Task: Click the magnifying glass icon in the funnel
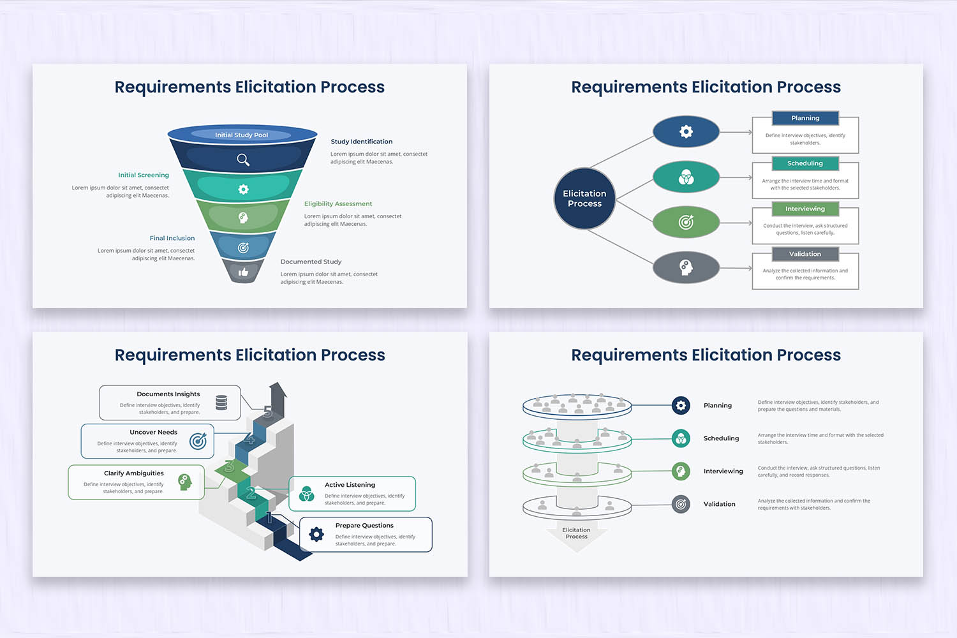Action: (x=243, y=159)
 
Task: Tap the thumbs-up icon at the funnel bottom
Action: (x=243, y=272)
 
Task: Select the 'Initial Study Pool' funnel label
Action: (x=241, y=135)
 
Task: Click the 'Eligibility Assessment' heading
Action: (x=338, y=204)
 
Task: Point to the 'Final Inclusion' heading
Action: (x=172, y=238)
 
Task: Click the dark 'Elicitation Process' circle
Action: (x=584, y=198)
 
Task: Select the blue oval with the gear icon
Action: (x=686, y=132)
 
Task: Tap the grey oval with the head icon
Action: (x=686, y=267)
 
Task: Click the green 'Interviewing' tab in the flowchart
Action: (x=805, y=209)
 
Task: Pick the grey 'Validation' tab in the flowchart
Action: (x=805, y=254)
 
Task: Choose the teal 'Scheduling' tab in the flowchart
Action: (x=805, y=163)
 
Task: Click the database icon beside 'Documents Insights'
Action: (x=221, y=403)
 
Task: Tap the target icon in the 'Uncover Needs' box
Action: (x=198, y=440)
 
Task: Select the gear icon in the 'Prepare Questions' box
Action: (x=316, y=534)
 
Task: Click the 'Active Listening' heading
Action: (x=350, y=485)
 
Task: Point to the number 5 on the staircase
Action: (x=268, y=412)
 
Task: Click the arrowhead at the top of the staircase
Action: (x=278, y=389)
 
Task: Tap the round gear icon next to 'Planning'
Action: (x=681, y=405)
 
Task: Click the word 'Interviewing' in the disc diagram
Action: (x=723, y=471)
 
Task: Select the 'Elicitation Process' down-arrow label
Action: (x=576, y=533)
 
